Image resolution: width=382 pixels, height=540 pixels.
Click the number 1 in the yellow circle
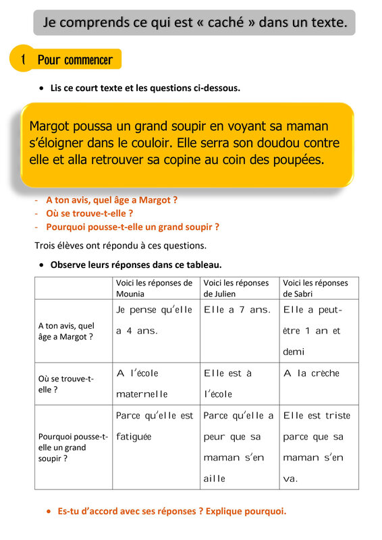click(23, 60)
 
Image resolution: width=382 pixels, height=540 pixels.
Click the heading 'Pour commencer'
click(75, 60)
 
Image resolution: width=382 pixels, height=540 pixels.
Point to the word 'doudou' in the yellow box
click(279, 143)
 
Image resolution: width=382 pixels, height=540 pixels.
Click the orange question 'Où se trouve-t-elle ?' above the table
click(88, 213)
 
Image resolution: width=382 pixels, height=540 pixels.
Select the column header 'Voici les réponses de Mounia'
click(154, 288)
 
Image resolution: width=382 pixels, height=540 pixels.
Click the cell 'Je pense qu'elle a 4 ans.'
click(155, 321)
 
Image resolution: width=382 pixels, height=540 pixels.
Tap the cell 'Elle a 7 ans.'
click(237, 310)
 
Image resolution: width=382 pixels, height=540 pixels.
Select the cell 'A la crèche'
click(311, 373)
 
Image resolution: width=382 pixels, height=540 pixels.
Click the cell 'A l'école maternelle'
click(142, 383)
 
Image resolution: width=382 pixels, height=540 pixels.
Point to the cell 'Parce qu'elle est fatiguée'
click(155, 426)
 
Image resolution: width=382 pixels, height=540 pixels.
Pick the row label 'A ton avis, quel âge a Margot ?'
click(66, 331)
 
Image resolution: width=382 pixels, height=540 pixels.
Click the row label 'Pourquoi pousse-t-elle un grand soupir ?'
click(72, 447)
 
